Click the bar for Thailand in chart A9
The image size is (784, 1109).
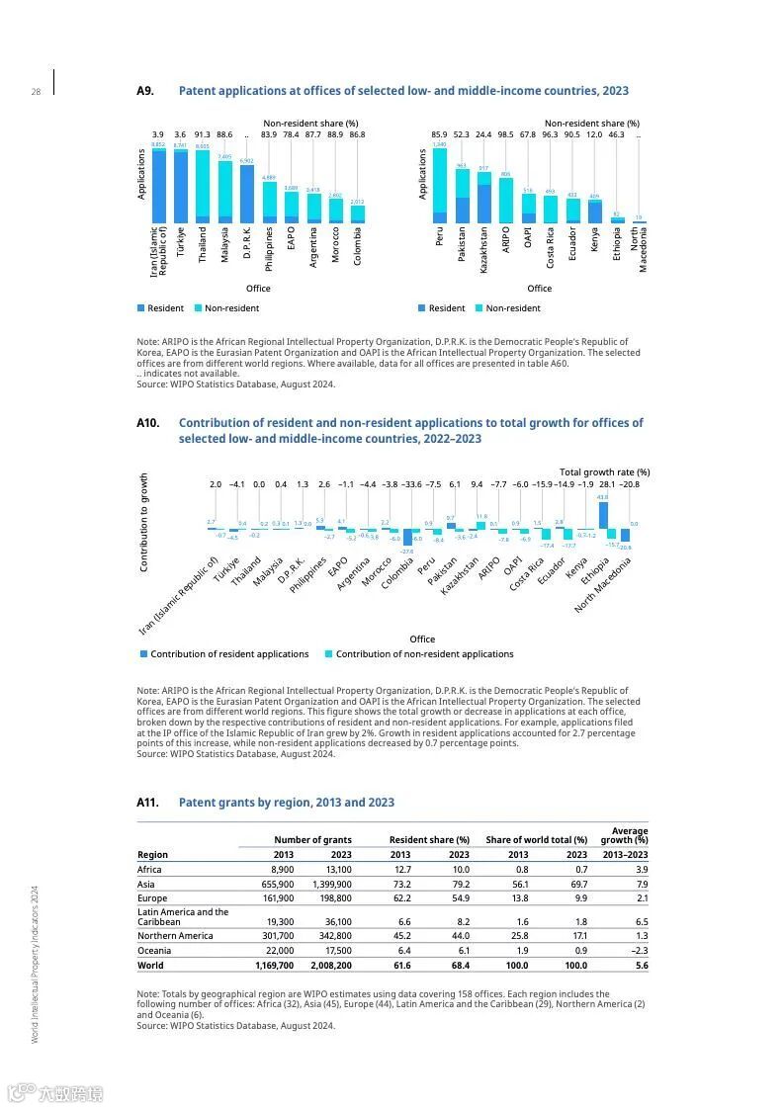click(203, 186)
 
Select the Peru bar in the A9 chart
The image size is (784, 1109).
click(440, 186)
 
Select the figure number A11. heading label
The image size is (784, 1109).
click(147, 803)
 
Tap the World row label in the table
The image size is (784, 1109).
click(150, 966)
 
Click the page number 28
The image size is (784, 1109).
click(36, 92)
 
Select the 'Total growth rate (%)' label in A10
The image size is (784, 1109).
click(604, 472)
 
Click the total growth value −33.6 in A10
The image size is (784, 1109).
click(411, 485)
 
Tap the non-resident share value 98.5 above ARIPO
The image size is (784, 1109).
click(505, 134)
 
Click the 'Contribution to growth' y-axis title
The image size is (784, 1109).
click(144, 522)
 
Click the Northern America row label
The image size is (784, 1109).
click(175, 936)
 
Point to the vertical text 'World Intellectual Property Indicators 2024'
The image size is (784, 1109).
click(35, 964)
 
